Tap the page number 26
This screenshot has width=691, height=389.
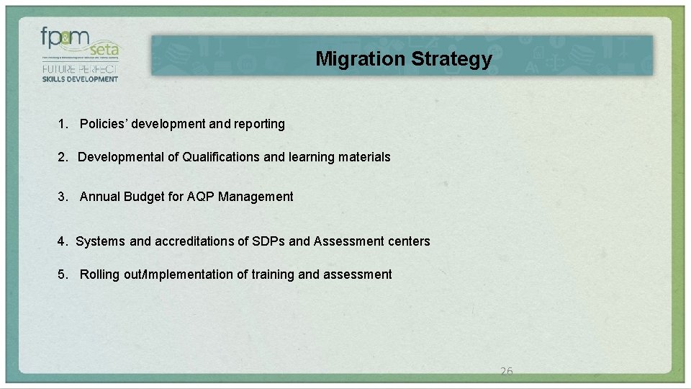click(506, 372)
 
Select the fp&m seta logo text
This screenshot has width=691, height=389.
click(80, 43)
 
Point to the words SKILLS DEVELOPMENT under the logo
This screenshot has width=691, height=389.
click(80, 79)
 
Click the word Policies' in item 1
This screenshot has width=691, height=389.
click(100, 124)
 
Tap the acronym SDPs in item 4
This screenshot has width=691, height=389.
click(268, 241)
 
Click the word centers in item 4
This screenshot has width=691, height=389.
click(410, 241)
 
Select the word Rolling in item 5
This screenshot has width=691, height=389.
click(99, 274)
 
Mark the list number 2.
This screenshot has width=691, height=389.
click(63, 157)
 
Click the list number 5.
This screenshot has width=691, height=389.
click(63, 274)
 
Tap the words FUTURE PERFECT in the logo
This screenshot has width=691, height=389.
click(80, 68)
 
